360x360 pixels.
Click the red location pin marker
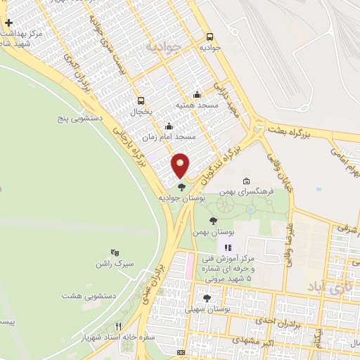[x=181, y=165]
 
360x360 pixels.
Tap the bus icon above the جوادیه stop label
[x=210, y=37]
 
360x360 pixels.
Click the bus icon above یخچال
[x=141, y=101]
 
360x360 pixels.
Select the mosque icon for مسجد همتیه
[x=197, y=95]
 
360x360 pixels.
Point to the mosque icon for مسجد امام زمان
[x=168, y=127]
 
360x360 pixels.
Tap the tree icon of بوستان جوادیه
[x=182, y=187]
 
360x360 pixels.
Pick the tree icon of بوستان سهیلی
[x=205, y=298]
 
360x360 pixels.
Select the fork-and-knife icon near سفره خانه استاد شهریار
[x=118, y=326]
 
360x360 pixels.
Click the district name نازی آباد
[x=325, y=287]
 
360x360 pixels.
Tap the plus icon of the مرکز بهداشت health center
[x=8, y=23]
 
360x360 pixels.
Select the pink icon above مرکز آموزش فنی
[x=226, y=247]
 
